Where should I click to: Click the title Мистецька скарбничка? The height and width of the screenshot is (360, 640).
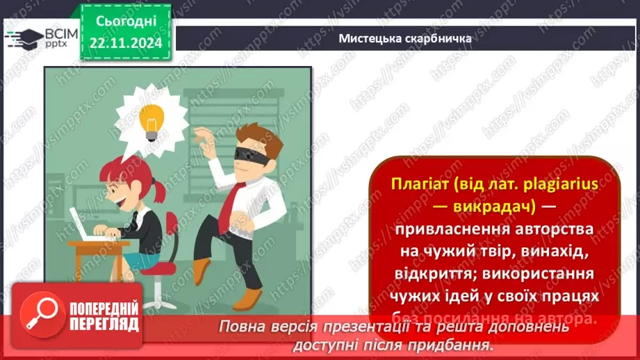405,38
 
